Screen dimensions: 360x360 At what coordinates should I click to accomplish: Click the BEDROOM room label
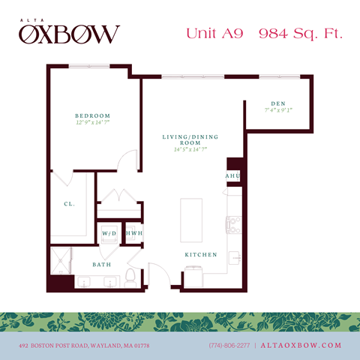pyautogui.click(x=94, y=115)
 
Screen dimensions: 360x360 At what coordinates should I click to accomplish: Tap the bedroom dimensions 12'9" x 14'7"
pyautogui.click(x=94, y=122)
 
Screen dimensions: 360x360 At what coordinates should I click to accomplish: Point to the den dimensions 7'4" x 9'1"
pyautogui.click(x=277, y=110)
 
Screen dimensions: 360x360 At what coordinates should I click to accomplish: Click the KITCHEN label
pyautogui.click(x=201, y=255)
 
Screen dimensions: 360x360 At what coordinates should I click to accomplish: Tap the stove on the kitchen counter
pyautogui.click(x=233, y=223)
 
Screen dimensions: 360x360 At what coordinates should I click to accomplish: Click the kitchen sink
pyautogui.click(x=235, y=257)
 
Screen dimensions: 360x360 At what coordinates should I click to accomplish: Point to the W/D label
pyautogui.click(x=109, y=234)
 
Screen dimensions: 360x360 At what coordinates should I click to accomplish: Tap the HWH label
pyautogui.click(x=134, y=234)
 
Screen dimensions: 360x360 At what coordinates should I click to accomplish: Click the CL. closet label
pyautogui.click(x=68, y=203)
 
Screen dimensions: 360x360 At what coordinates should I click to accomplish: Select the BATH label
pyautogui.click(x=102, y=265)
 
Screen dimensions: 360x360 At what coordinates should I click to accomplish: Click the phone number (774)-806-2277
pyautogui.click(x=229, y=345)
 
